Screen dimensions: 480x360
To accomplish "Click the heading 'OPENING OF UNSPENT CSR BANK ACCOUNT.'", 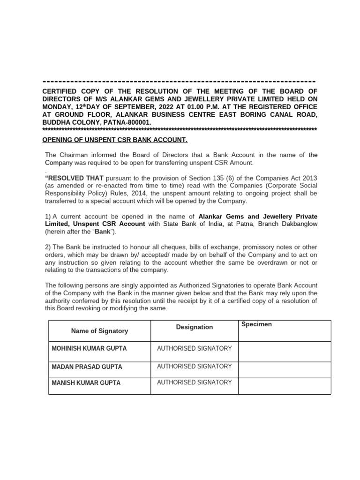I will pyautogui.click(x=115, y=140).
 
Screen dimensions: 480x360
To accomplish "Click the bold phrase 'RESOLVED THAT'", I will pyautogui.click(x=75, y=179).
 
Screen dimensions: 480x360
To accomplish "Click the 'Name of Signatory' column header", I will pyautogui.click(x=99, y=331).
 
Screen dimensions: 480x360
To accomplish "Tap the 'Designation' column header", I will pyautogui.click(x=194, y=327).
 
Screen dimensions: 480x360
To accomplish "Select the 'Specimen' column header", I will pyautogui.click(x=256, y=324).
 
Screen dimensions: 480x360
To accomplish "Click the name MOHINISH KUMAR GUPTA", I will pyautogui.click(x=89, y=349).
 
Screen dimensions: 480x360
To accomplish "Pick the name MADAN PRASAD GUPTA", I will pyautogui.click(x=86, y=367).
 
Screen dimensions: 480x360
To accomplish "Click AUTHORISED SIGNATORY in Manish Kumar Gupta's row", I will pyautogui.click(x=194, y=382).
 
